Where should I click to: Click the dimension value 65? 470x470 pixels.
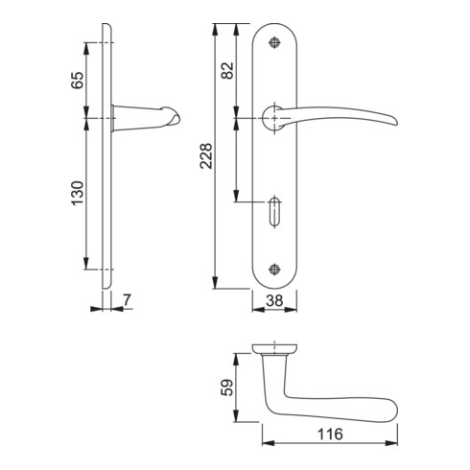(77, 81)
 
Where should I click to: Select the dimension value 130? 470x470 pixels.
(77, 193)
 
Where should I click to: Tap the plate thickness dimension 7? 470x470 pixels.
(127, 300)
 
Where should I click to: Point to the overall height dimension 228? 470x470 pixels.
(205, 156)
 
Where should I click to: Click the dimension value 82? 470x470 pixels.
(227, 71)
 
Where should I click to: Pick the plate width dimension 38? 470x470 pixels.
(274, 300)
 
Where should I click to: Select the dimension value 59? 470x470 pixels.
(227, 388)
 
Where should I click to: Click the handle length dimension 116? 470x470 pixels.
(330, 435)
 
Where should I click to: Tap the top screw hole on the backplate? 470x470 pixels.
(274, 42)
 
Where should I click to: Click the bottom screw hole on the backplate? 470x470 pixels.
(274, 270)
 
